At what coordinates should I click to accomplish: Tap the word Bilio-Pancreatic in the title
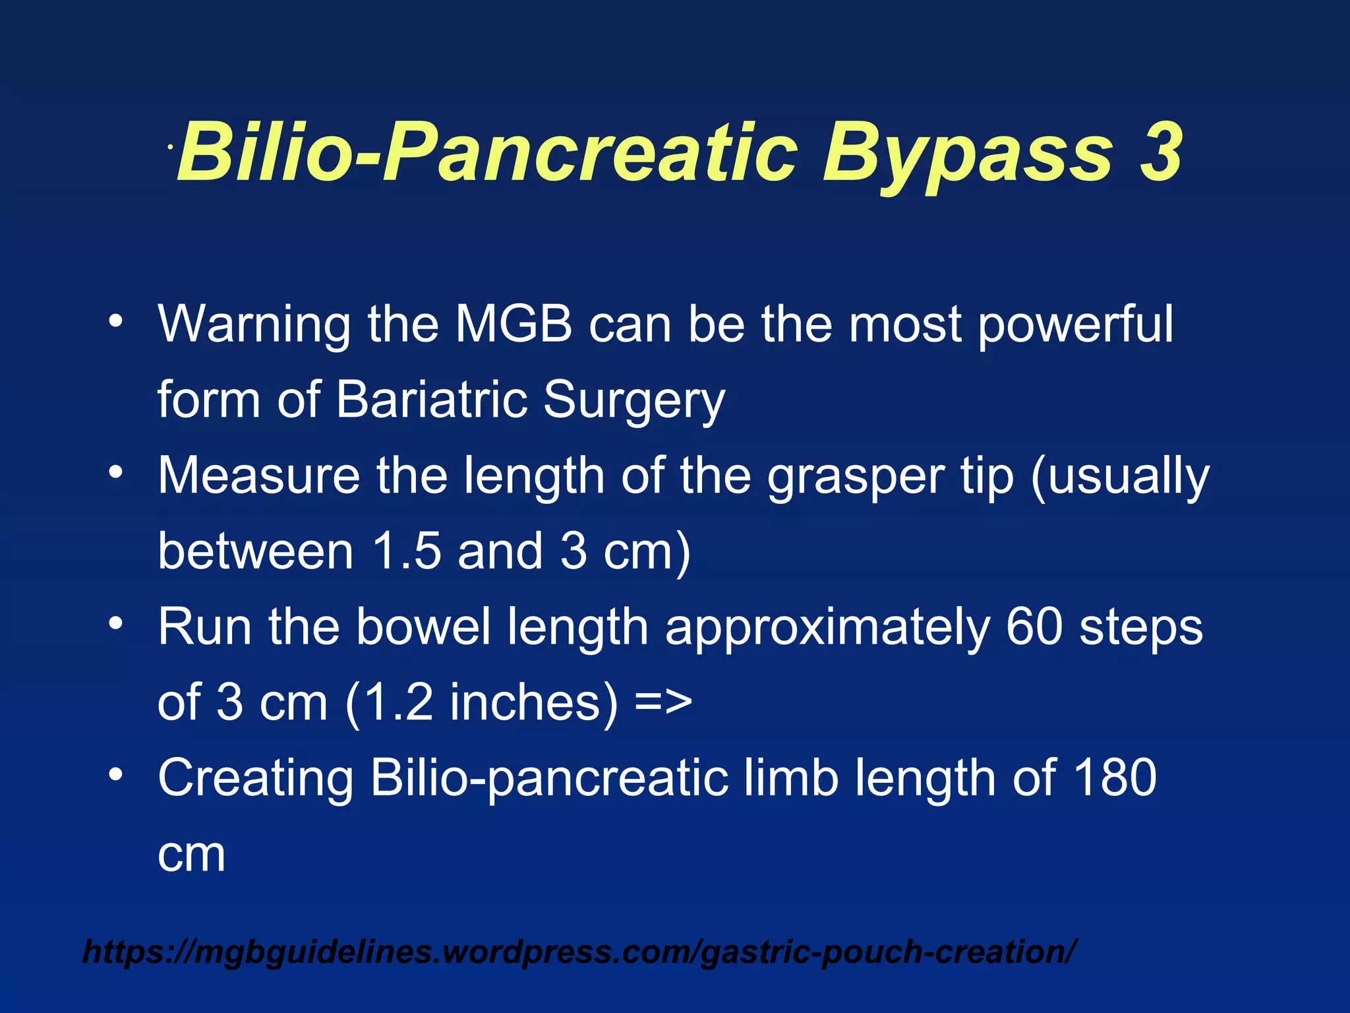488,153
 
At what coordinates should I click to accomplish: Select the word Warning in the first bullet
254,326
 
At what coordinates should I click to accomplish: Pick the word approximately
827,629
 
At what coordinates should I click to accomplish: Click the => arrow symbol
664,702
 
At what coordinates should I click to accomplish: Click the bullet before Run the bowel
116,623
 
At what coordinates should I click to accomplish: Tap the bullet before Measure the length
116,472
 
